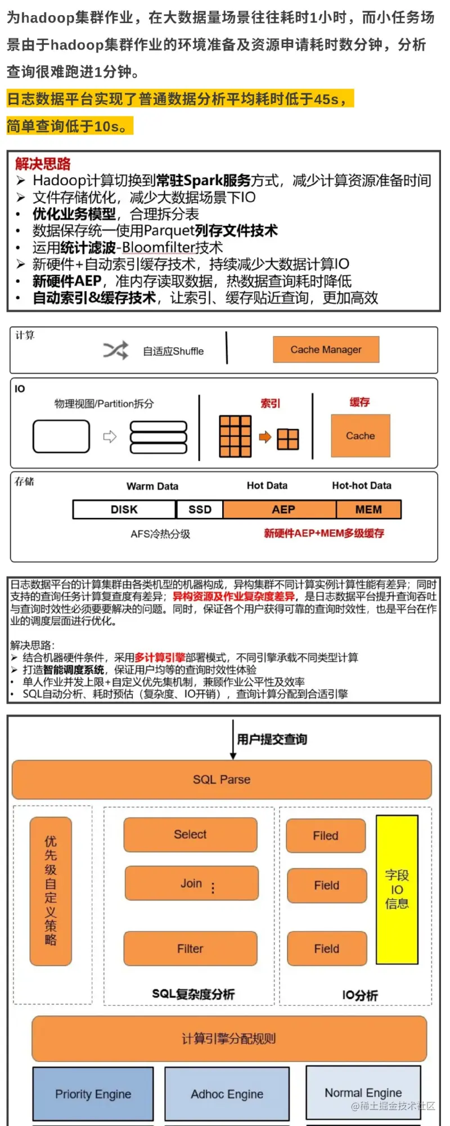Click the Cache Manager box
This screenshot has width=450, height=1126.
tap(326, 350)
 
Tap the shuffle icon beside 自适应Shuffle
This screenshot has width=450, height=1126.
tap(116, 350)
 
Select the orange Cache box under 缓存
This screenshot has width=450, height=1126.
tap(360, 436)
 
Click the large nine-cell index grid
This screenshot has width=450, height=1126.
tap(235, 436)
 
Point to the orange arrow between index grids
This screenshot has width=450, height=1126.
tap(265, 437)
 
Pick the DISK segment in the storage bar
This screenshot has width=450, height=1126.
tap(124, 510)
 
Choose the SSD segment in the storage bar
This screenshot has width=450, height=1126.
tap(200, 510)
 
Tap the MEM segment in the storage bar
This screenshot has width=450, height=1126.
tap(368, 510)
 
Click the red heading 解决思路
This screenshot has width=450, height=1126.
tap(43, 164)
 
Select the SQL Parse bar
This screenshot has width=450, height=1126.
tap(222, 780)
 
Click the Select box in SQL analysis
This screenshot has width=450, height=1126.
tap(190, 834)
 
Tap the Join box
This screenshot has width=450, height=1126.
tap(191, 883)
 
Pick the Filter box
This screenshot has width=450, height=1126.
tap(190, 949)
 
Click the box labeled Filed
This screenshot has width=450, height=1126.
tap(326, 835)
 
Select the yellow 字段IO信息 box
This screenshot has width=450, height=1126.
tap(397, 890)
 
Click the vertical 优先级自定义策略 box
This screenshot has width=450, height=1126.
tap(51, 891)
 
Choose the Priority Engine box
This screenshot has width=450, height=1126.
tap(93, 1093)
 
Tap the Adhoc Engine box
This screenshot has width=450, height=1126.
tap(227, 1093)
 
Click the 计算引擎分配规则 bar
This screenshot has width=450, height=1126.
tap(229, 1038)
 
